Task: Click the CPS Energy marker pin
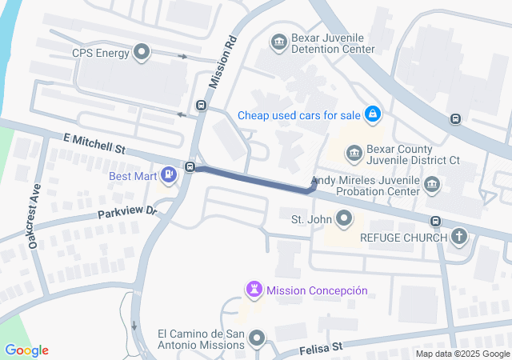(x=143, y=54)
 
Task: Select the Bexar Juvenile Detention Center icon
(x=279, y=42)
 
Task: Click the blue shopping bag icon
(x=372, y=115)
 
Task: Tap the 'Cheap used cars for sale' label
(x=298, y=115)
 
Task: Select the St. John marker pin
(x=345, y=218)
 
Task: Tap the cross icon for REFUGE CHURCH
(x=459, y=236)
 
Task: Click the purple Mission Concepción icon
(x=254, y=290)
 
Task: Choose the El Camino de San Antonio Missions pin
(x=257, y=340)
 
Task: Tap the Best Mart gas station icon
(x=168, y=174)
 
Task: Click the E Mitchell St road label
(x=94, y=144)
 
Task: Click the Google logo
(x=26, y=350)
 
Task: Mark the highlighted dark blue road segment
(x=252, y=178)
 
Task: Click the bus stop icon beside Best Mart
(x=190, y=166)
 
